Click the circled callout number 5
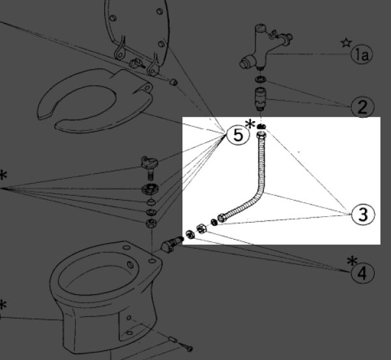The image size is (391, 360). pos(238,135)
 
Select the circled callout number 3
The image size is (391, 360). pos(363,214)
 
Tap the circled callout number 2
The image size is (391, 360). pos(362,107)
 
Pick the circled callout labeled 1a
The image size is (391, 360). pos(361,55)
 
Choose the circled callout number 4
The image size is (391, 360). pos(362,273)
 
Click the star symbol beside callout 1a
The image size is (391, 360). pos(346,43)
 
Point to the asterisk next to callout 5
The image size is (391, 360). pos(250,124)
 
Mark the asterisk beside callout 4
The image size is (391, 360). pos(352,261)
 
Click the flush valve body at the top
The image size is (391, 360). pos(265,47)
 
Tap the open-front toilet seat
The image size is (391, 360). pos(94,101)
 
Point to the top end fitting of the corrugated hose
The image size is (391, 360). pos(261,135)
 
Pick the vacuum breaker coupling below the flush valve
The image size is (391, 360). pos(261,99)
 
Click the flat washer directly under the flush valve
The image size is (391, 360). pos(261,79)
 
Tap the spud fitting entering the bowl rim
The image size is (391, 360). pos(172,244)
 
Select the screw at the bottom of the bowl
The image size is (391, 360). pos(186,346)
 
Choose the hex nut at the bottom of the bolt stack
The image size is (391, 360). pos(151,223)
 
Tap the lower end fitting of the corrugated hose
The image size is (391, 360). pos(222,218)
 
